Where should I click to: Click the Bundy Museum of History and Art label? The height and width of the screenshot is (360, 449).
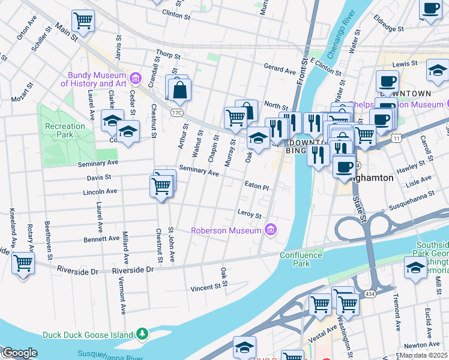click(x=96, y=79)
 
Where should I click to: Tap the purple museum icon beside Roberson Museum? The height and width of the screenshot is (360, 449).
click(x=271, y=230)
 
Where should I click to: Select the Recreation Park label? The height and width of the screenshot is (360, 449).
click(x=65, y=130)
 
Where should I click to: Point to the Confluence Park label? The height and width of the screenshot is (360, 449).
click(x=301, y=259)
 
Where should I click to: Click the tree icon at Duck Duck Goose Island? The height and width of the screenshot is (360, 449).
click(x=142, y=333)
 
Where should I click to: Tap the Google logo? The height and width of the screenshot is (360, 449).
click(x=20, y=353)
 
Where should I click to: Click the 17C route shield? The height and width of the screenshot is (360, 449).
click(x=176, y=112)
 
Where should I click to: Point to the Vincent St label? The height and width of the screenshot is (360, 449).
click(x=205, y=287)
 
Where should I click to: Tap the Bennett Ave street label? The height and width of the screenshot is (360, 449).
click(x=101, y=238)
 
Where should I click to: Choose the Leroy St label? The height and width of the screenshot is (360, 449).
click(x=250, y=214)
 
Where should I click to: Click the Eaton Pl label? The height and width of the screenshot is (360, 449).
click(x=256, y=187)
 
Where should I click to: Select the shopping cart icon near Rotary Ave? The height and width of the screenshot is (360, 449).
click(x=23, y=263)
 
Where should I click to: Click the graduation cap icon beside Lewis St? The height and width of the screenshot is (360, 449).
click(x=438, y=70)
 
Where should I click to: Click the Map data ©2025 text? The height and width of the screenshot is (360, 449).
click(x=424, y=355)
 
